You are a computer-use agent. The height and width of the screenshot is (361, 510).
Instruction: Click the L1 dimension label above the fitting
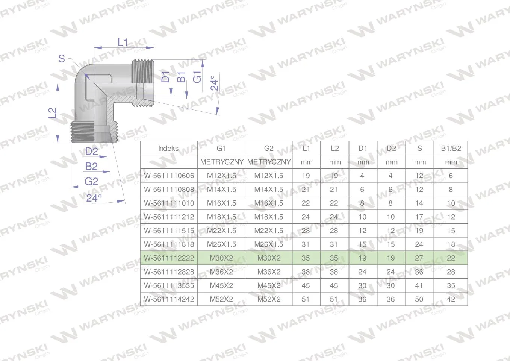123,42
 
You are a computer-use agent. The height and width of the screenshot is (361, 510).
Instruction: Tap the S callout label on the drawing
62,59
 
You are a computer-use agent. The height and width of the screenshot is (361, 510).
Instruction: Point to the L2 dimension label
52,113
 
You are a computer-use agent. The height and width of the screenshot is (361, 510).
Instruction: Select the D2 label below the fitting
92,152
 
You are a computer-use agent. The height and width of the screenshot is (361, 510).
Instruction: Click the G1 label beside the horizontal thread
197,77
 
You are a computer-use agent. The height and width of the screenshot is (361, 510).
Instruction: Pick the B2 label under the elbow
91,167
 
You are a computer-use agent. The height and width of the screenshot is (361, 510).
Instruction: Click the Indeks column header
168,149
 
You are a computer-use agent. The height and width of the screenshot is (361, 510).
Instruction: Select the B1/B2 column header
451,149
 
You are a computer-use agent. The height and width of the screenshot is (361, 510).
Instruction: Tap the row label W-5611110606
169,176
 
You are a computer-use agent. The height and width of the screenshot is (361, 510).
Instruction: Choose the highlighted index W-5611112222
169,258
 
